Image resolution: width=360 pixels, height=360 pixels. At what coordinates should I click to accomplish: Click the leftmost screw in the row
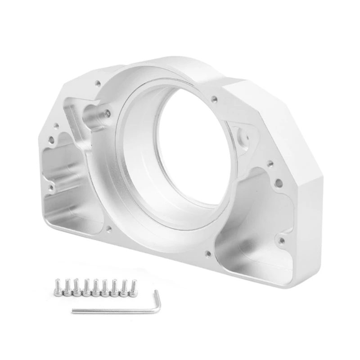click(58, 287)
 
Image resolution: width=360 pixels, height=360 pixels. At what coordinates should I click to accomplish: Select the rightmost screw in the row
click(134, 287)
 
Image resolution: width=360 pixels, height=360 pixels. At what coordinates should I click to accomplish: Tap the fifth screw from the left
click(95, 288)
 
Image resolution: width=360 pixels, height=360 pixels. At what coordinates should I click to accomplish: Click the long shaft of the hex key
click(112, 310)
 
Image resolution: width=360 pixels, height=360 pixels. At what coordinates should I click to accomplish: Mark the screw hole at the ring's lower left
click(108, 229)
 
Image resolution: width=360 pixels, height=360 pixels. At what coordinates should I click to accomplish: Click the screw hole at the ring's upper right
click(214, 99)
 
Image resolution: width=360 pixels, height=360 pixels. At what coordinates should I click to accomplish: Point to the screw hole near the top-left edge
click(97, 83)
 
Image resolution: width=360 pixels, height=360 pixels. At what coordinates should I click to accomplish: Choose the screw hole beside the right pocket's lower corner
click(282, 241)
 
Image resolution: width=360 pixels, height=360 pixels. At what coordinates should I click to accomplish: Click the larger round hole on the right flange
click(279, 183)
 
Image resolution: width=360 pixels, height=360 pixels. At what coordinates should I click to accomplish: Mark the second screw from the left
click(67, 287)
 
